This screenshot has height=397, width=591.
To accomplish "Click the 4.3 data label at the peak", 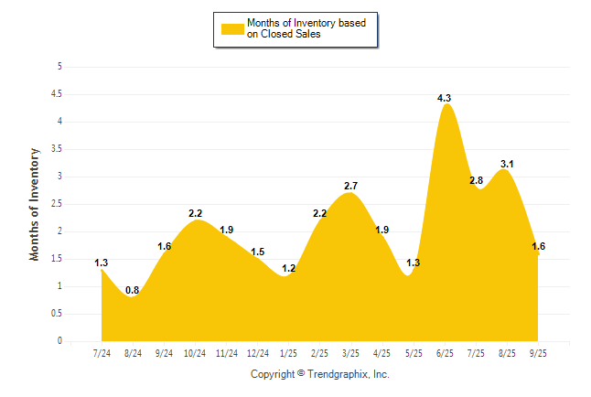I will tap(444, 98).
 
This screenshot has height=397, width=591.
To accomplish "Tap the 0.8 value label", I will tap(133, 291).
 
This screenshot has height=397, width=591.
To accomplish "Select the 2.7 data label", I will tap(350, 187).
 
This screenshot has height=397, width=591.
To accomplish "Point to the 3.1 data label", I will tap(506, 165).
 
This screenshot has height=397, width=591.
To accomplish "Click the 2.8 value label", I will tap(475, 181).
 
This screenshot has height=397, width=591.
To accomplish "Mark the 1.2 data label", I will tap(289, 269).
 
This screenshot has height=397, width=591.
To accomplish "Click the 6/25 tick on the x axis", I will tap(445, 352).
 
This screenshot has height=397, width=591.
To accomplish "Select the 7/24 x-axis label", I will tap(102, 352).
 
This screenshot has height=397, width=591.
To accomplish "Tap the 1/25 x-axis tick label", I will tap(288, 352).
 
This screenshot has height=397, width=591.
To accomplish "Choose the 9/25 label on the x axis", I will tap(538, 352).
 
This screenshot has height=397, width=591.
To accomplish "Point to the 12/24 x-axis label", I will tap(257, 352).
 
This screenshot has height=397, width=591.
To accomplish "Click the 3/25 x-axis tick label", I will tap(350, 352).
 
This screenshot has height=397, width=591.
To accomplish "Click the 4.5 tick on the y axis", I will tap(57, 94).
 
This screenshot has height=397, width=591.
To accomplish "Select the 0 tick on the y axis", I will tap(59, 341).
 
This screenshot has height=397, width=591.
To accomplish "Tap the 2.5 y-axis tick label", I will tap(57, 204).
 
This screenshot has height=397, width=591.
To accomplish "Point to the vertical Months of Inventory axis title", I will tap(35, 204).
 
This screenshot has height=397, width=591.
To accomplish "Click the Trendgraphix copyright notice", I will tap(320, 374).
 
